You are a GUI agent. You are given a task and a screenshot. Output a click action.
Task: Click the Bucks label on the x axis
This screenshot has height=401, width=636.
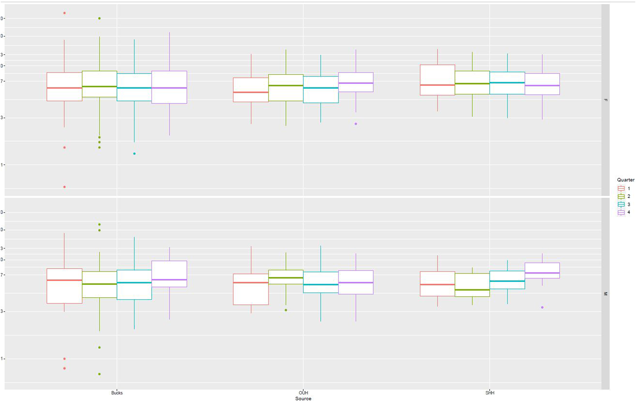tap(117, 393)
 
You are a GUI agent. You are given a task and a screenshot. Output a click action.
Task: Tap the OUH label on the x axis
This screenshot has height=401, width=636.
tap(303, 393)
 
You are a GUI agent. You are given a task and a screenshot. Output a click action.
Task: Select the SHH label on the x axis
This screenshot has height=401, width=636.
tap(490, 393)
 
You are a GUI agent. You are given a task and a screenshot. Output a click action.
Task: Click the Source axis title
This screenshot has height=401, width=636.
tap(303, 398)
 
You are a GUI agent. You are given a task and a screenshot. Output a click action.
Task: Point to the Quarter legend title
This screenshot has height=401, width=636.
tap(626, 180)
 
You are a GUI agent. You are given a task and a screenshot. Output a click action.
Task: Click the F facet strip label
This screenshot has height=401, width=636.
tap(605, 100)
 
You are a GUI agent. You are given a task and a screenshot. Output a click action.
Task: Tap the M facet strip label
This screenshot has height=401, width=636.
tap(605, 294)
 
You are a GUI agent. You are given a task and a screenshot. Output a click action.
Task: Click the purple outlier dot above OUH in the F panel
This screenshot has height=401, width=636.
tap(356, 124)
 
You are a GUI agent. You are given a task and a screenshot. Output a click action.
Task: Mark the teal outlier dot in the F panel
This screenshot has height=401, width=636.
tap(135, 154)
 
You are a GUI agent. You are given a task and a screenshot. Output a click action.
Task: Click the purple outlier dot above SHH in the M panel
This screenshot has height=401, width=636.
tap(542, 307)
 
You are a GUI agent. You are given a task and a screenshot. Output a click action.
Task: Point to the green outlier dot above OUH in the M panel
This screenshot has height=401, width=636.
tap(286, 310)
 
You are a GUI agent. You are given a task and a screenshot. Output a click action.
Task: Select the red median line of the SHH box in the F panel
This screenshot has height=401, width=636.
tap(438, 85)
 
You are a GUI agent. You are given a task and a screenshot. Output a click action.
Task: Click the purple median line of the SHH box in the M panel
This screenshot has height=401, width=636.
tap(542, 273)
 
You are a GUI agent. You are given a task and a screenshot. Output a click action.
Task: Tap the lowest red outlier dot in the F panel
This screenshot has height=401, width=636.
tap(65, 187)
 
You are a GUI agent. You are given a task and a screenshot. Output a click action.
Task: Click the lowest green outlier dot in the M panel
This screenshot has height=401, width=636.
tap(99, 374)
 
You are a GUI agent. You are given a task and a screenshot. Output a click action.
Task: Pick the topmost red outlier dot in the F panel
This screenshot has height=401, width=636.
tap(65, 13)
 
